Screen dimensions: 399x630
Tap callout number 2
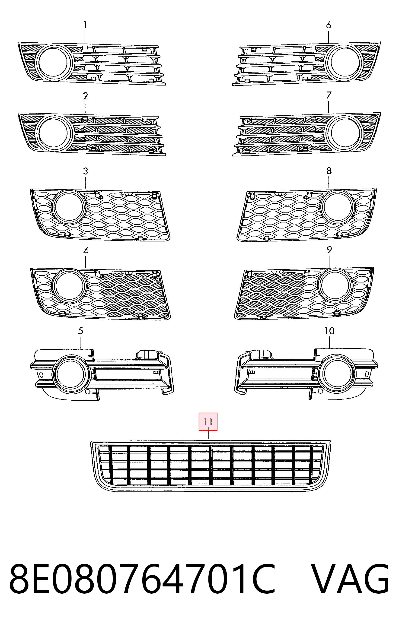(x=85, y=96)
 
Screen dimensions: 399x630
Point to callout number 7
(x=329, y=95)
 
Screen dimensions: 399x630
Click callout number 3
(x=85, y=171)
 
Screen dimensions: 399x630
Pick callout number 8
(x=329, y=171)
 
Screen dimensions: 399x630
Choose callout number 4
(x=86, y=251)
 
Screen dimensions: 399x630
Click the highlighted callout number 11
(x=208, y=422)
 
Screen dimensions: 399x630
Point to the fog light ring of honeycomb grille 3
(x=69, y=207)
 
